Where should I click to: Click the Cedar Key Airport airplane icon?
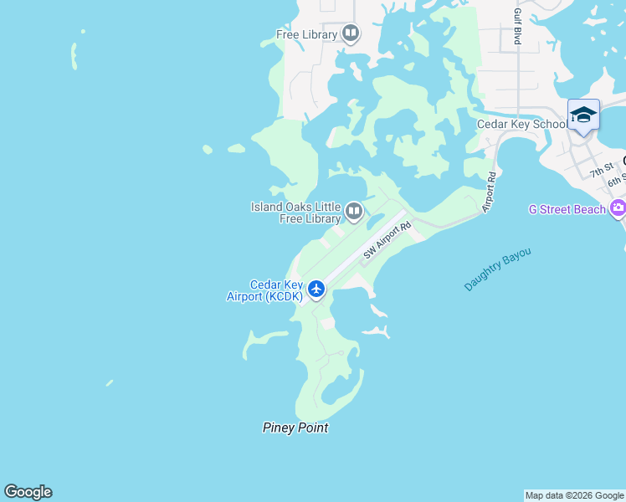[316, 289]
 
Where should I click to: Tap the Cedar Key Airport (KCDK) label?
[264, 290]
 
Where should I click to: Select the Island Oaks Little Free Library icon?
[354, 211]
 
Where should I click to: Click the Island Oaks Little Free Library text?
[296, 213]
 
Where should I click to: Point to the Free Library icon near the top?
[351, 34]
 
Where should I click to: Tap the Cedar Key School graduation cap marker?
[583, 115]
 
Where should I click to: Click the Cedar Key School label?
[521, 125]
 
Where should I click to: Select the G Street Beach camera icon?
[618, 208]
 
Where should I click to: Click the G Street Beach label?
[567, 209]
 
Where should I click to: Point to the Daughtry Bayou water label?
[498, 269]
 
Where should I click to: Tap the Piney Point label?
[295, 428]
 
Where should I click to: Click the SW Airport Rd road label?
[388, 240]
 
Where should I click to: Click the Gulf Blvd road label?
[518, 26]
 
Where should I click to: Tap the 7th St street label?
[601, 171]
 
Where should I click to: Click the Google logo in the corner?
[28, 492]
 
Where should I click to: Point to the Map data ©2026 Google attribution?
[575, 495]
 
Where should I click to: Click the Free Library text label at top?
[306, 35]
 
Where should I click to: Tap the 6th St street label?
[618, 181]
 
